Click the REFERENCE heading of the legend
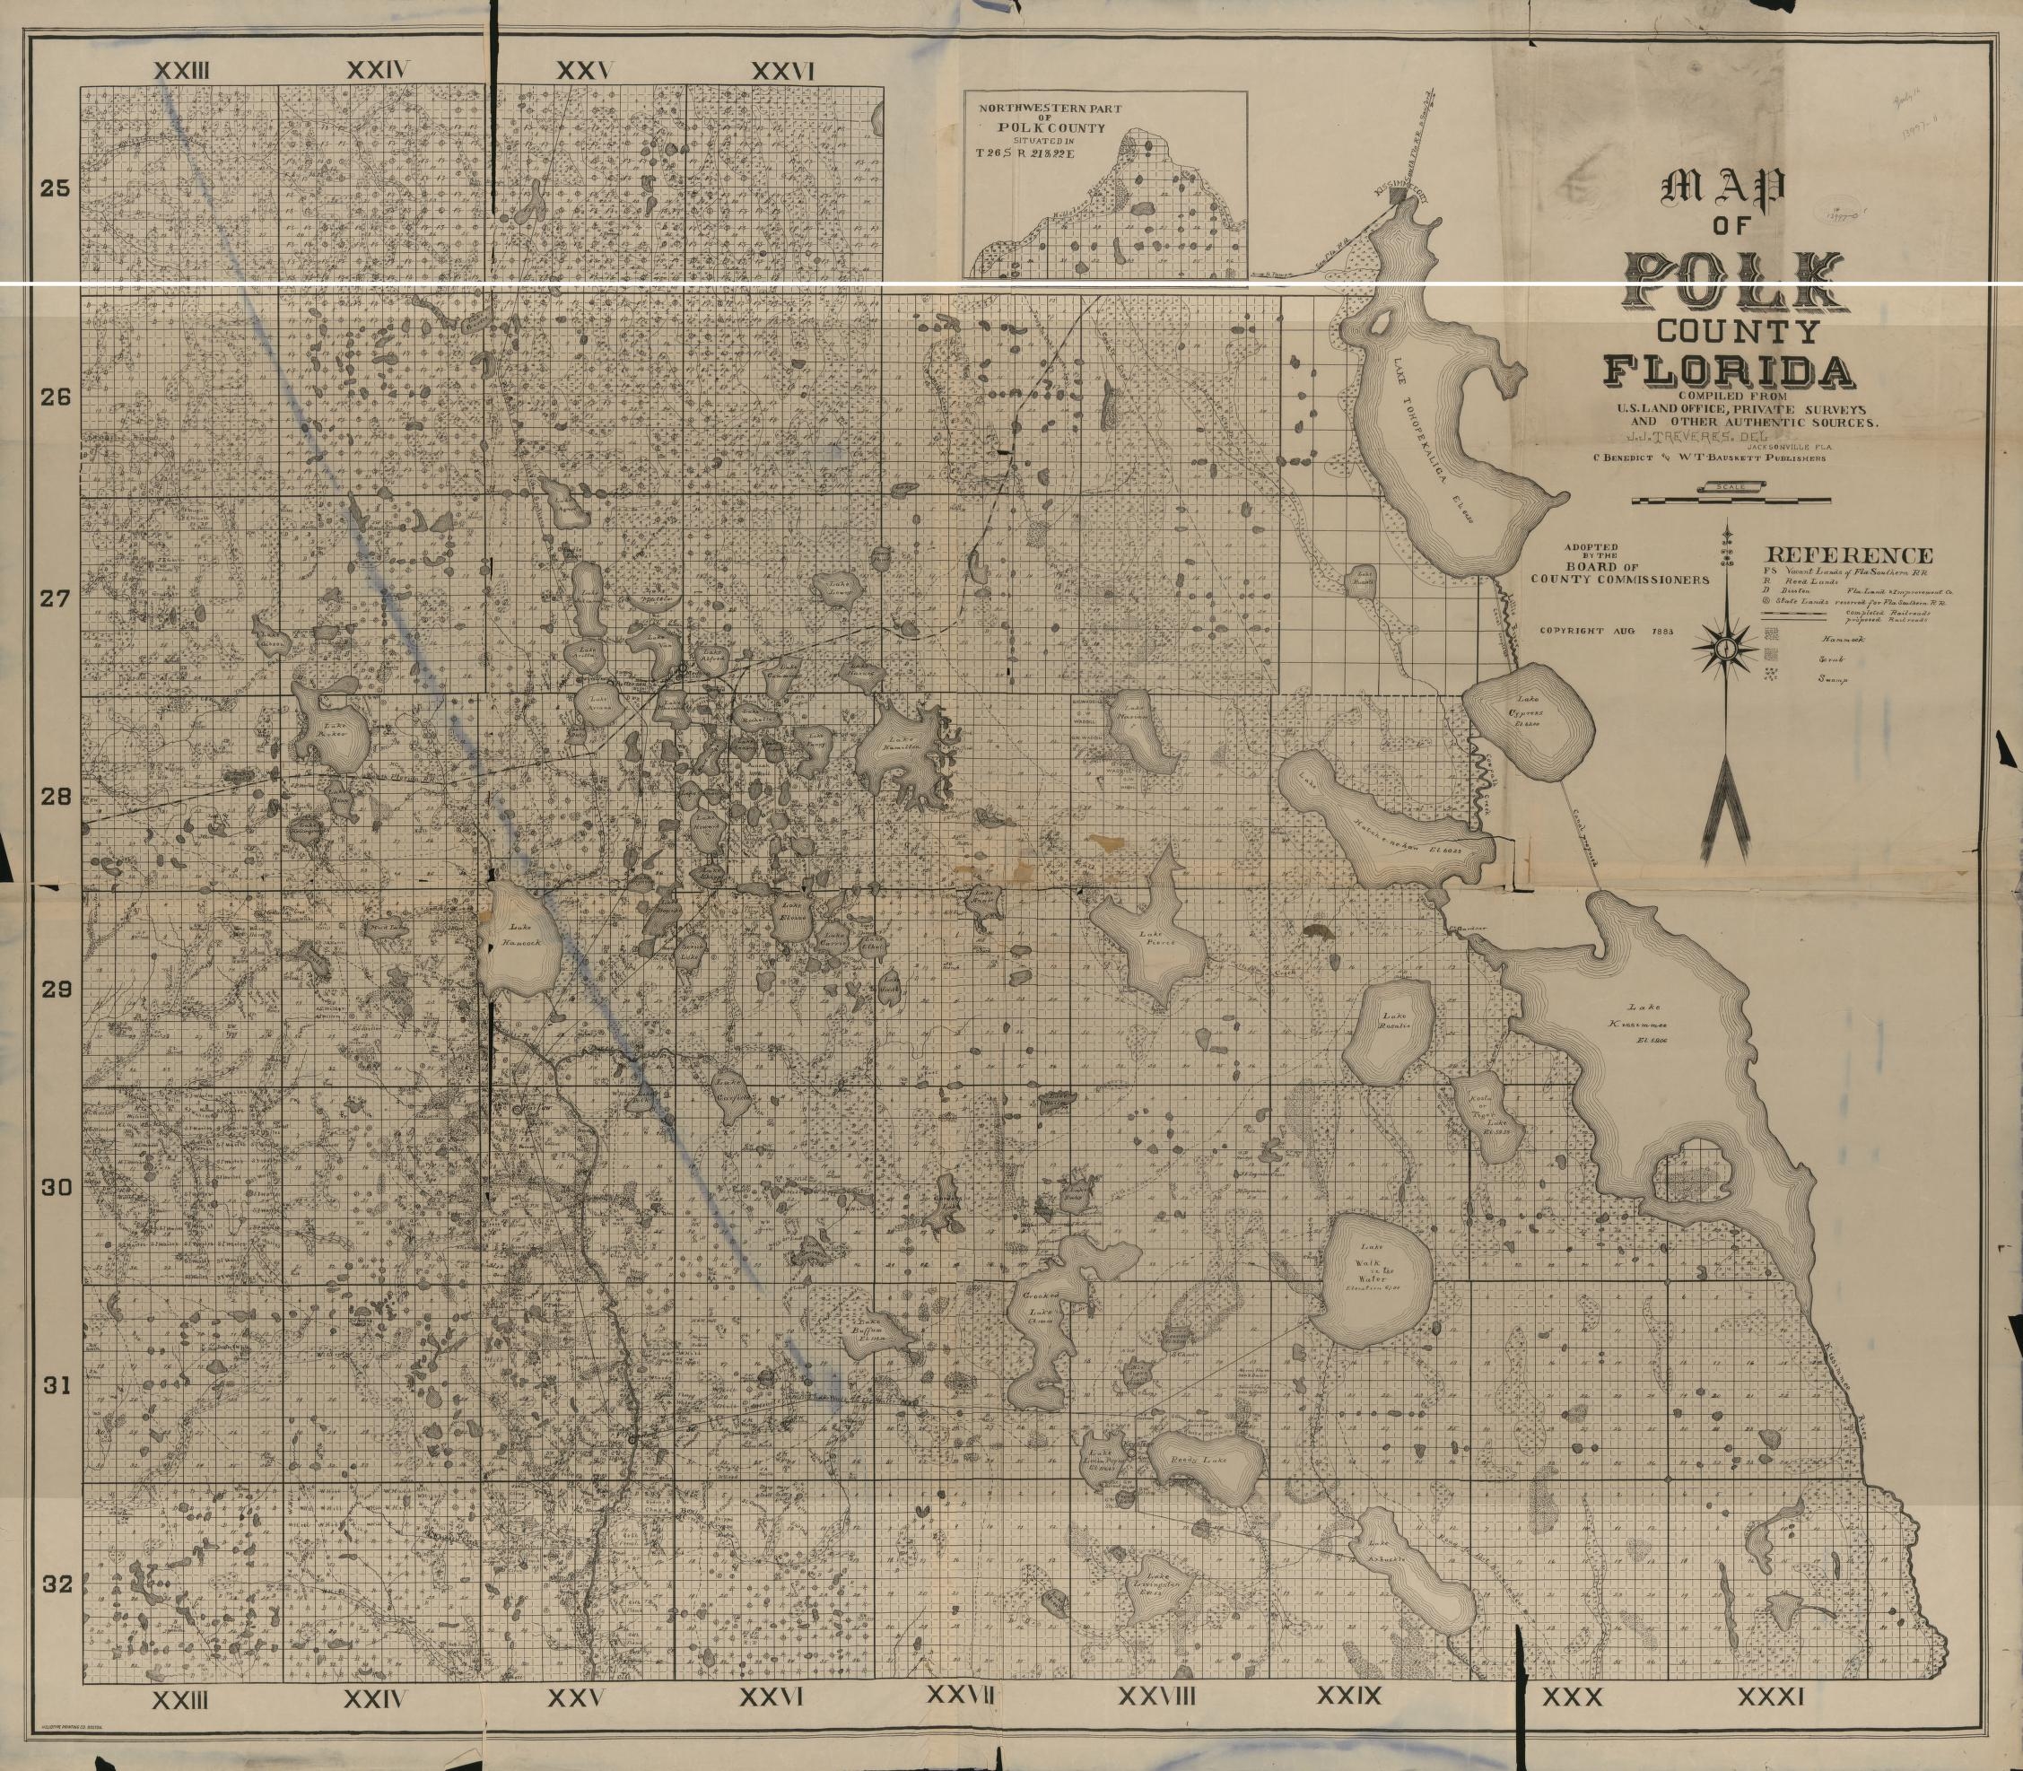tap(1849, 555)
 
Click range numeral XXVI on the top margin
tap(782, 71)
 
